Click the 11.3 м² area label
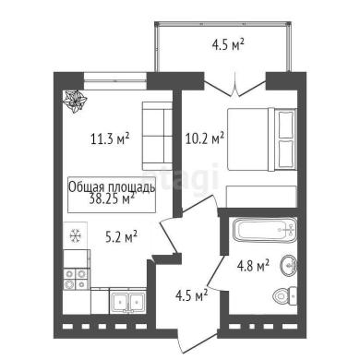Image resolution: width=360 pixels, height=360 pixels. [110, 138]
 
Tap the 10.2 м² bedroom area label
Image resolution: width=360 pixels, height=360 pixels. [205, 138]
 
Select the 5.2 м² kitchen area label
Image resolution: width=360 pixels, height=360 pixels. [121, 236]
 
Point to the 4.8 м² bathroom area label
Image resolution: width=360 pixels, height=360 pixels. [253, 265]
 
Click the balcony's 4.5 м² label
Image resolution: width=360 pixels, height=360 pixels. [228, 44]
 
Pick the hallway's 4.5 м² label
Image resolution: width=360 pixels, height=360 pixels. [191, 295]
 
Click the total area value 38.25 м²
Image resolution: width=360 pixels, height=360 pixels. [112, 198]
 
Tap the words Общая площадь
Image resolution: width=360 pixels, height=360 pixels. [112, 187]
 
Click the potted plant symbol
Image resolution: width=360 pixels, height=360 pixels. [75, 101]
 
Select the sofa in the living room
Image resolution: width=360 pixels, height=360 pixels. [157, 136]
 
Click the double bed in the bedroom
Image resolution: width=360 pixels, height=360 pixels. [262, 139]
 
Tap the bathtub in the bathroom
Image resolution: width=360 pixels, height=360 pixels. [265, 230]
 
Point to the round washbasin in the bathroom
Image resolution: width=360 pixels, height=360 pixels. [289, 265]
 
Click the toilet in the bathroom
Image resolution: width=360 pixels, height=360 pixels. [285, 296]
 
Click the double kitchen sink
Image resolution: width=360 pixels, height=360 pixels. [128, 301]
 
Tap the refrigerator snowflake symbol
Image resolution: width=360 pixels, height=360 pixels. [75, 236]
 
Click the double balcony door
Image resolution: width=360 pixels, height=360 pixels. [234, 85]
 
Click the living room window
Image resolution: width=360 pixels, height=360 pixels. [114, 81]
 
